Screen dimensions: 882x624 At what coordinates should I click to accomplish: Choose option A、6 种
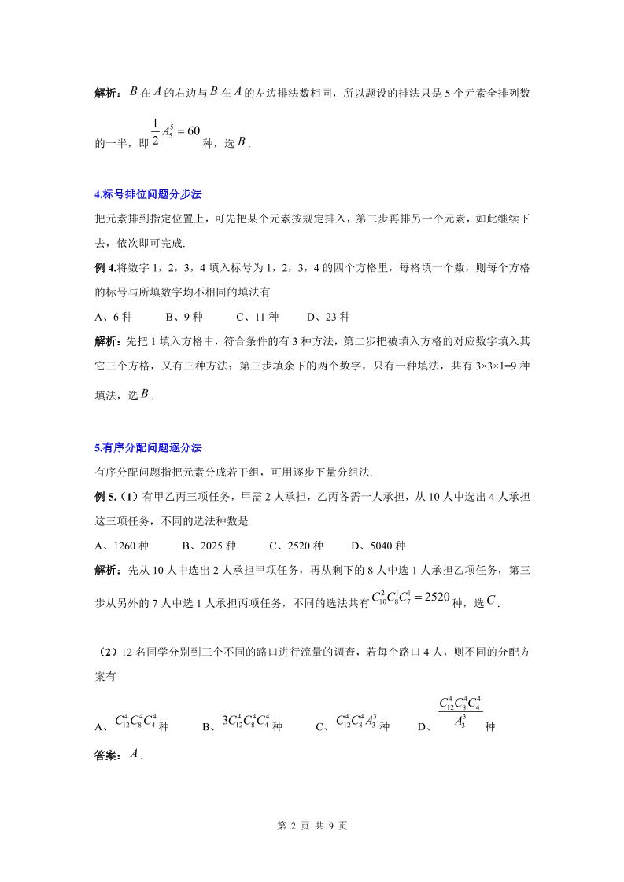tap(113, 318)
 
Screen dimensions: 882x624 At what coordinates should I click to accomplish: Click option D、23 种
tap(328, 318)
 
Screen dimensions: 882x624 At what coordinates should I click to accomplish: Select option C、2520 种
tap(296, 546)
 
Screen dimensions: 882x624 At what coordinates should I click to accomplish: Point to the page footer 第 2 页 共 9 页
tap(312, 826)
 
